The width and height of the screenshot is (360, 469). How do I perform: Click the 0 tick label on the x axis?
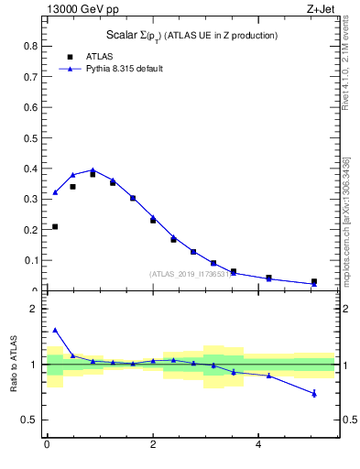[47, 445]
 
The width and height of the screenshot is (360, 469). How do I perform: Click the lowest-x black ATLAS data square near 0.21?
[55, 226]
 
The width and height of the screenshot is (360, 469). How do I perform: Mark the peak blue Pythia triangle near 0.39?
[93, 169]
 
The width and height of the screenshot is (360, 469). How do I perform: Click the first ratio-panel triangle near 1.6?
[55, 330]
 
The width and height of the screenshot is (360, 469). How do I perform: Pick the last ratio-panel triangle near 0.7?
[314, 393]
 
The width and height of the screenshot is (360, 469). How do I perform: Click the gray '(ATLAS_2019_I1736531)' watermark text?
[192, 273]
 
